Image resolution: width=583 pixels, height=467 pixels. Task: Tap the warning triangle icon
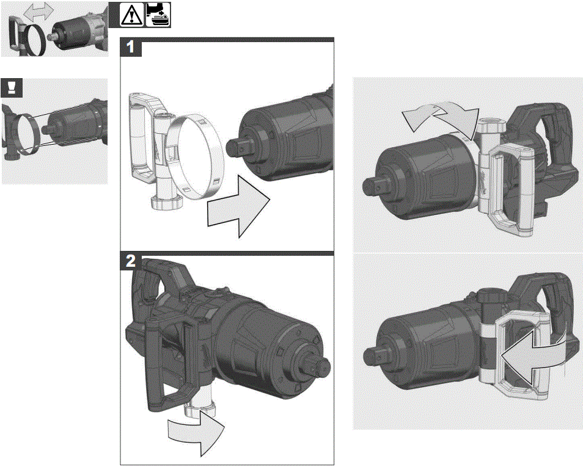131,15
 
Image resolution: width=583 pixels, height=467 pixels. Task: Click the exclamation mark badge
12,88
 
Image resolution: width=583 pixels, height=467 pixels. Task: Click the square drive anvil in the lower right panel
372,354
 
